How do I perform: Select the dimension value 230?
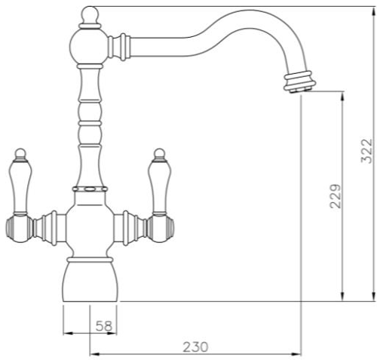(195, 346)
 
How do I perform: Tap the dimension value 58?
(105, 325)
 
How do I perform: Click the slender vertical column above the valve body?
(90, 128)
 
